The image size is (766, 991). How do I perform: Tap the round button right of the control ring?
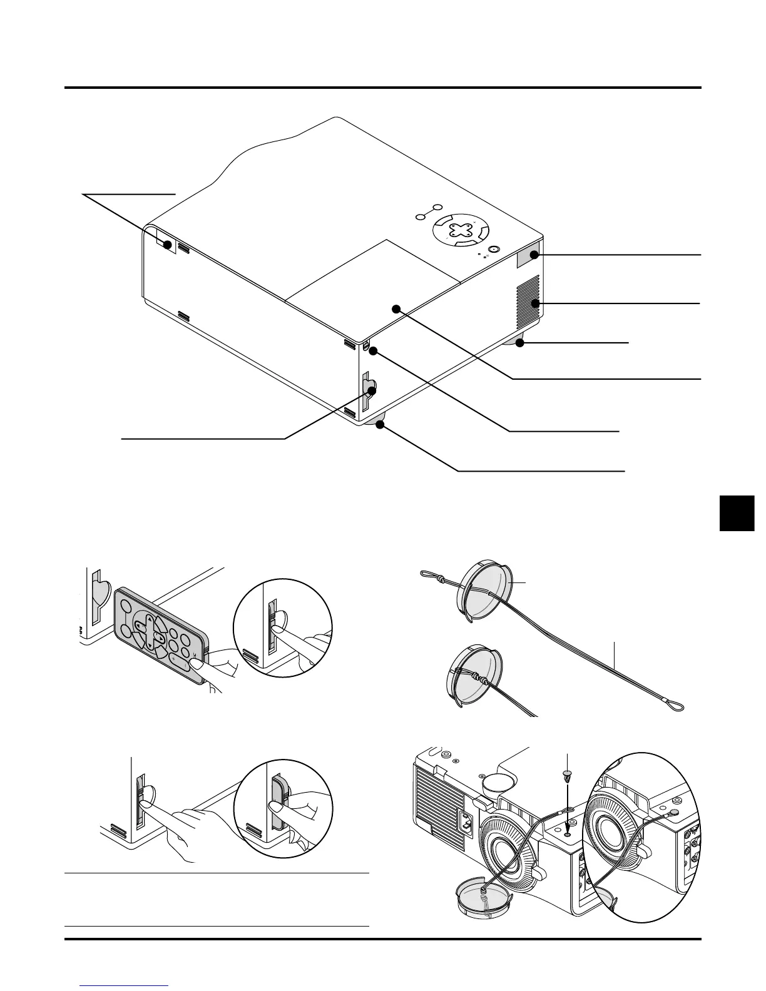click(x=493, y=248)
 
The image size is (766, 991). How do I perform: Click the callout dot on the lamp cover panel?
click(x=396, y=308)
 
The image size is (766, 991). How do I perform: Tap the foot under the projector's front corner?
click(x=379, y=424)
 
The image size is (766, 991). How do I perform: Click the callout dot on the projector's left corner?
click(x=167, y=245)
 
